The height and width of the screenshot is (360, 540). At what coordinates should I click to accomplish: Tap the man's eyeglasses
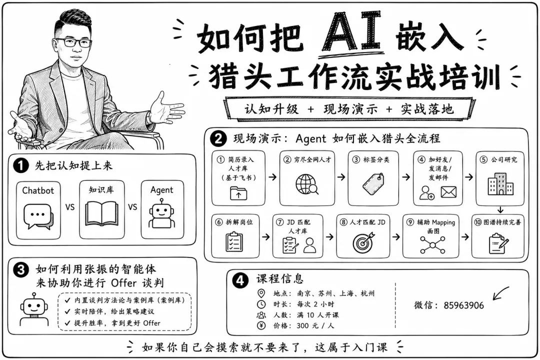tap(73, 42)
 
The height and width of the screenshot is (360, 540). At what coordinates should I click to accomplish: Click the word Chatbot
tap(38, 190)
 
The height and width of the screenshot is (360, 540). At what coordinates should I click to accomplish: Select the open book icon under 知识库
tap(101, 214)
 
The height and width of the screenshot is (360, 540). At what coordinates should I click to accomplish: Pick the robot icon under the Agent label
tap(161, 216)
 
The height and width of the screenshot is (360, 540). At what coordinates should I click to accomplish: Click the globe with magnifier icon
tap(307, 184)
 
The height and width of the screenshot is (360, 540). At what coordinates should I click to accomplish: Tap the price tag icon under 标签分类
tap(373, 184)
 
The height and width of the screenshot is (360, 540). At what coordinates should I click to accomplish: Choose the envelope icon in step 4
tap(448, 192)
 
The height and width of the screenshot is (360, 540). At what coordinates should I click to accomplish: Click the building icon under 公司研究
tap(500, 183)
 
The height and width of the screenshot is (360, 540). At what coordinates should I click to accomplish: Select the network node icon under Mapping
tap(432, 245)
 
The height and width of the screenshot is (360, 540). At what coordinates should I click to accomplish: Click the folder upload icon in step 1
tap(238, 193)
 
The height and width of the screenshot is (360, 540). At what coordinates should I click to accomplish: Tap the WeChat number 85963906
tap(463, 305)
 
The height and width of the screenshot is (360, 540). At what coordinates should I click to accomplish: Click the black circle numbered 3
tap(20, 269)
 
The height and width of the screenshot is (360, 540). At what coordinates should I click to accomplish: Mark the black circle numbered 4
tap(240, 280)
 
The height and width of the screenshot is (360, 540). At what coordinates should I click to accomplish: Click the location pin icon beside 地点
tap(261, 293)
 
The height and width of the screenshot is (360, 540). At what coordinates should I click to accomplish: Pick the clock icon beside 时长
tap(261, 304)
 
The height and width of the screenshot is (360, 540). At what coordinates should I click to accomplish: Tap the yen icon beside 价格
tap(261, 325)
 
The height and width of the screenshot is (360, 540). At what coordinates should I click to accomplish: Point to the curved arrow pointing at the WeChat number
tap(500, 293)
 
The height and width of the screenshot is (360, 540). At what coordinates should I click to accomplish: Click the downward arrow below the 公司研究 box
tap(500, 210)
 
